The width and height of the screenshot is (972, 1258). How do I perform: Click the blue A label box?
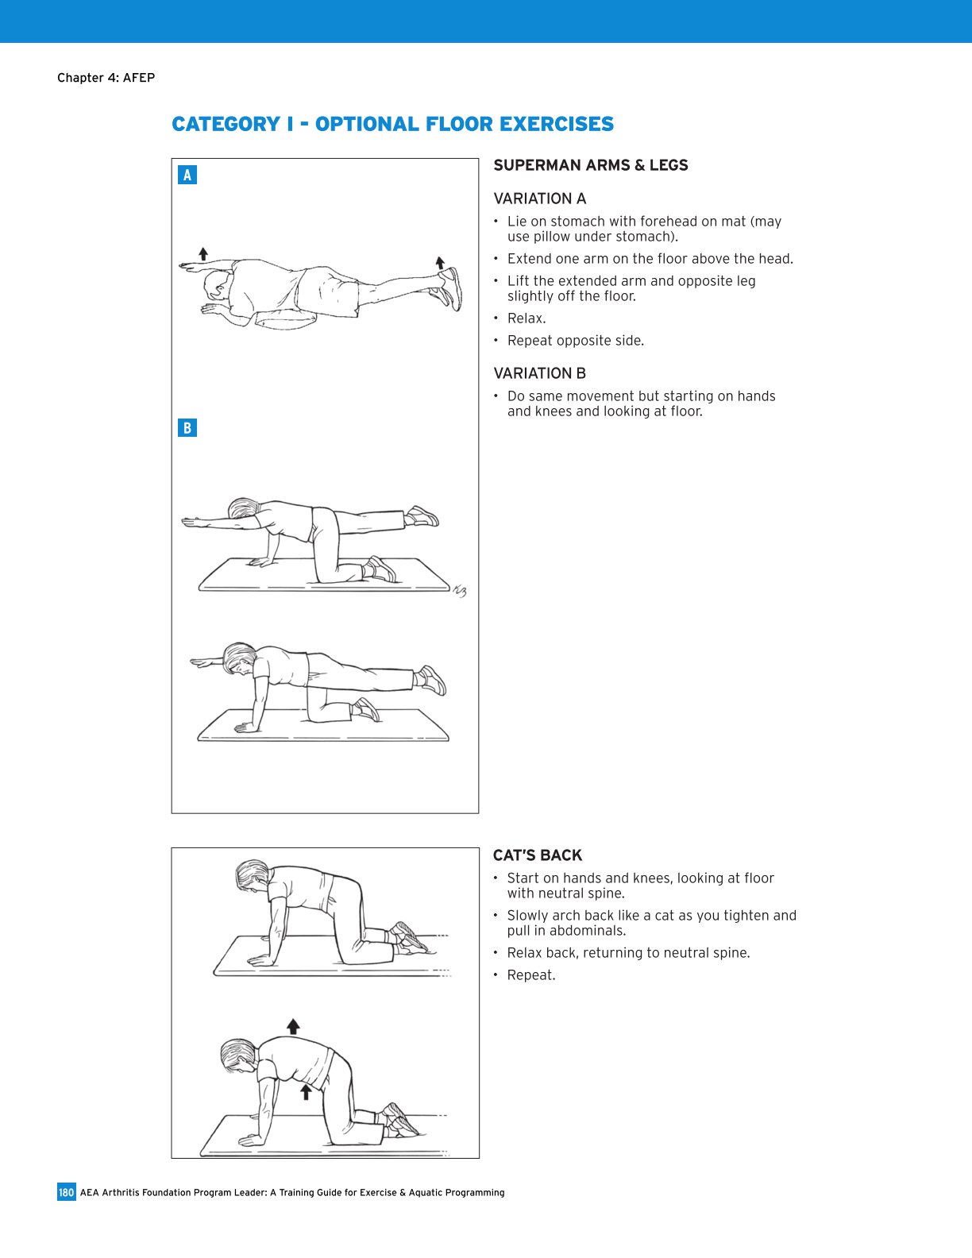[187, 175]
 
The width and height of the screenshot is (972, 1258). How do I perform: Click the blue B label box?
[187, 428]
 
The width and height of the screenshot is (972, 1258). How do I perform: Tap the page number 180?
[66, 1192]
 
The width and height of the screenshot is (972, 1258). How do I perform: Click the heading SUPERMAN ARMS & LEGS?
[590, 165]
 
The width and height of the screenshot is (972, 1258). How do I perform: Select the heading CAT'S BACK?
[538, 855]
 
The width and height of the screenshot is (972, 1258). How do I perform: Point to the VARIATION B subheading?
[539, 373]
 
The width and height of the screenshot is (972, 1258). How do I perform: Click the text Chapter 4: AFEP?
[106, 78]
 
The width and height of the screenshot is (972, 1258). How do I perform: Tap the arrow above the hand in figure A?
[204, 254]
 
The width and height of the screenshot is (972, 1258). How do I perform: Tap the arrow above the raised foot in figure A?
[440, 262]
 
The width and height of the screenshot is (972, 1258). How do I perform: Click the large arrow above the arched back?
[293, 1026]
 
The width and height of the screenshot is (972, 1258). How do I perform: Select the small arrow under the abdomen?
[306, 1092]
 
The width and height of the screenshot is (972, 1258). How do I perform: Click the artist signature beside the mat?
[459, 590]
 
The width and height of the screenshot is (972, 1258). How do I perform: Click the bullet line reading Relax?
[526, 318]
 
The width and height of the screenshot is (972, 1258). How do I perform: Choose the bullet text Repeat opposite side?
[575, 341]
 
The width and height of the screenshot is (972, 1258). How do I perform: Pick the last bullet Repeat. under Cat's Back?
[531, 975]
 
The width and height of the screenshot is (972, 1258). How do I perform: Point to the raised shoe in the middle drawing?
[421, 516]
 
